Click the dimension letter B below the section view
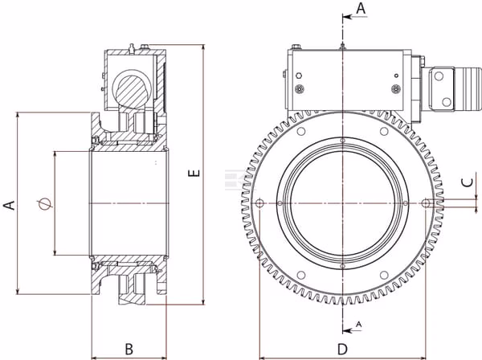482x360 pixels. pyautogui.click(x=129, y=350)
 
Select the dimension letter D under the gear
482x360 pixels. pyautogui.click(x=342, y=350)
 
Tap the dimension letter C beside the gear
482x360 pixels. pyautogui.click(x=468, y=182)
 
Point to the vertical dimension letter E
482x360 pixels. pyautogui.click(x=194, y=173)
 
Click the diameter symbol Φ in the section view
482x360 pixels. pyautogui.click(x=44, y=203)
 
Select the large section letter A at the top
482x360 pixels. pyautogui.click(x=361, y=8)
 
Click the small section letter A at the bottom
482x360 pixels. pyautogui.click(x=358, y=324)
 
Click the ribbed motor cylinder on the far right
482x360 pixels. pyautogui.click(x=468, y=88)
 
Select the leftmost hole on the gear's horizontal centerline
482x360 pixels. pyautogui.click(x=259, y=203)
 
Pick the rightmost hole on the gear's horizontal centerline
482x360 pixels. pyautogui.click(x=426, y=203)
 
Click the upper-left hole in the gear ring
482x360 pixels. pyautogui.click(x=301, y=131)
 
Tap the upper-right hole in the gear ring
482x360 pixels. pyautogui.click(x=384, y=131)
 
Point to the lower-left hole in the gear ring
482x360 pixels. pyautogui.click(x=301, y=275)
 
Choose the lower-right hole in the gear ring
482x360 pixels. pyautogui.click(x=384, y=275)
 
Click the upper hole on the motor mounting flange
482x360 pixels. pyautogui.click(x=439, y=76)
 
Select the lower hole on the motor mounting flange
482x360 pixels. pyautogui.click(x=446, y=101)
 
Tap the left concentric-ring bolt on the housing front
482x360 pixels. pyautogui.click(x=299, y=89)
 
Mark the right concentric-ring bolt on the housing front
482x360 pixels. pyautogui.click(x=396, y=89)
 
